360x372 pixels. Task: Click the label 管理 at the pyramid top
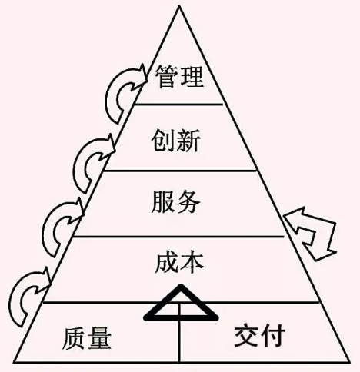coord(179,77)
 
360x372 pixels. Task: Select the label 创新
coord(175,140)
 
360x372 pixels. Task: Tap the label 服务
coord(175,201)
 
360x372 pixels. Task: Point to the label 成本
coord(179,263)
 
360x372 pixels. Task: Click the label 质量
coord(87,338)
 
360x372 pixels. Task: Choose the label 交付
coord(259,335)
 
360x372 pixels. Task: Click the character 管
coord(167,77)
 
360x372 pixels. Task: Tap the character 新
coord(188,140)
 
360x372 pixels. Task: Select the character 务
coord(188,201)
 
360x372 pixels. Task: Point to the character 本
coord(192,263)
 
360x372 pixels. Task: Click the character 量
coord(100,338)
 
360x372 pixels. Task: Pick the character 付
coord(273,335)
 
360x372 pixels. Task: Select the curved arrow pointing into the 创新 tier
coord(79,164)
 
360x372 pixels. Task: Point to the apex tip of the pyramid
coord(179,6)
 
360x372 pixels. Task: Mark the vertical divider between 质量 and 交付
coord(179,333)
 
